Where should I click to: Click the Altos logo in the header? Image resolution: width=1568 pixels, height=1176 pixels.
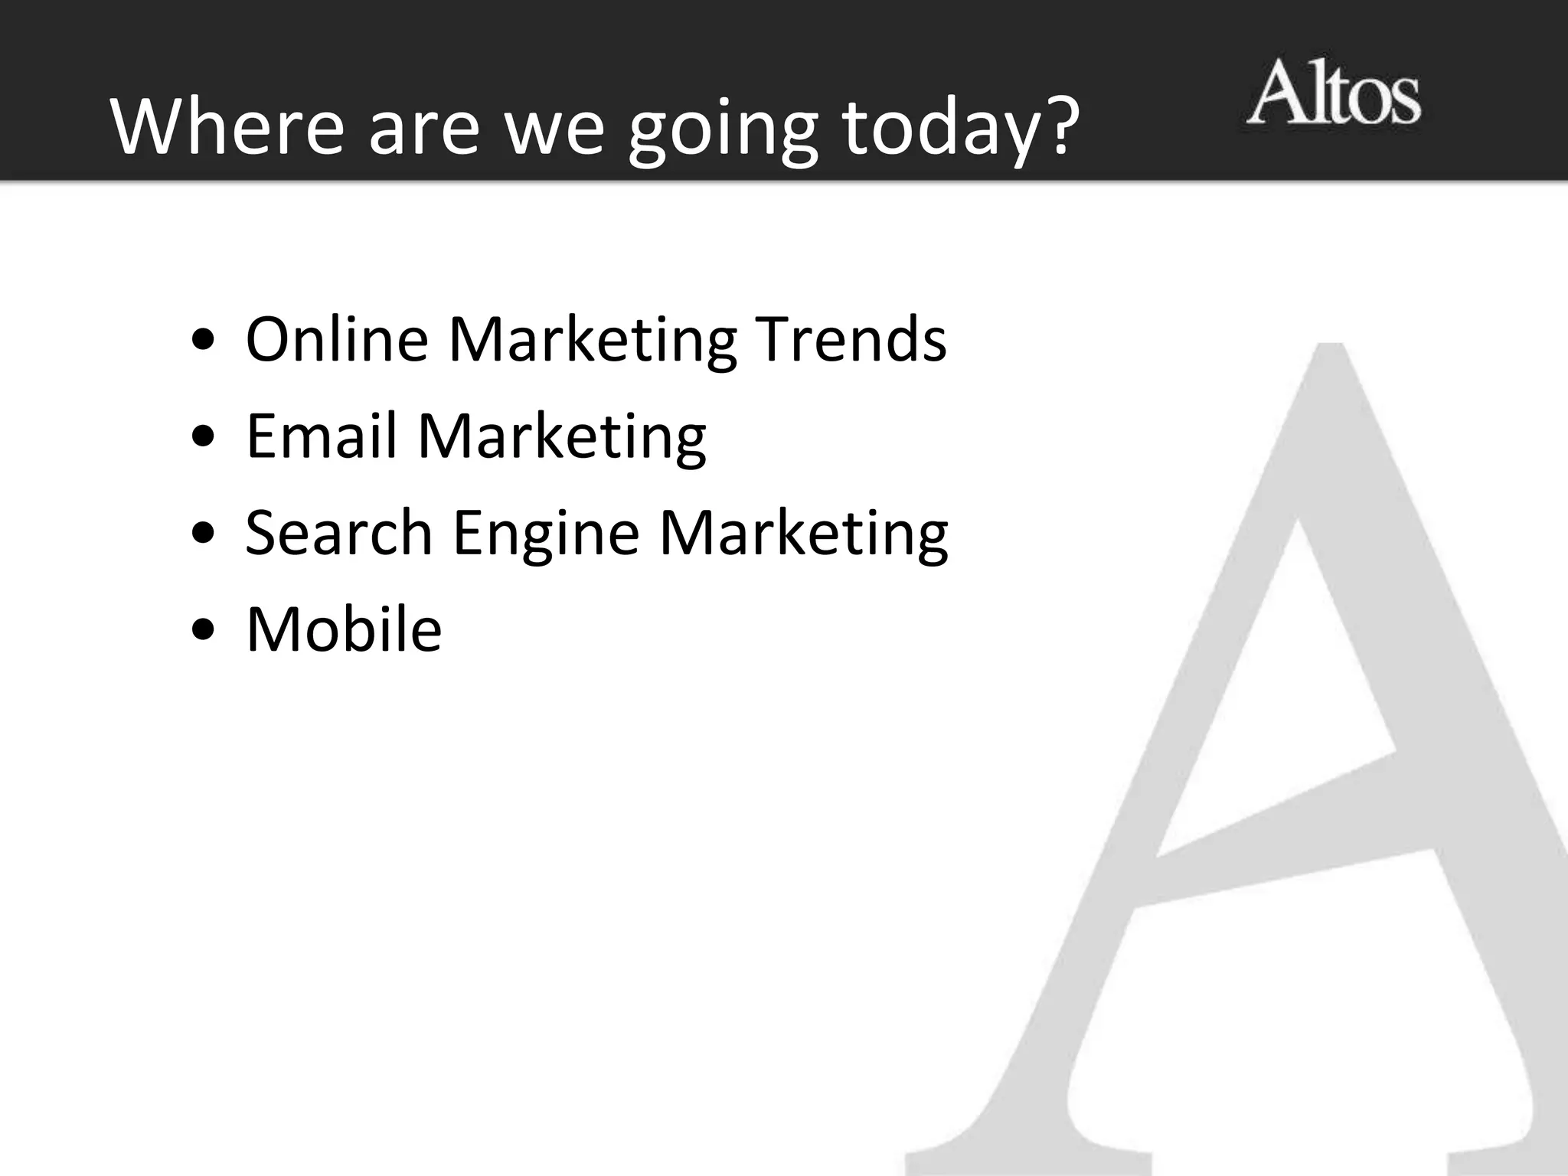pyautogui.click(x=1333, y=93)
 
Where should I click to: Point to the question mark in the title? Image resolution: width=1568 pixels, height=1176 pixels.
pyautogui.click(x=1057, y=122)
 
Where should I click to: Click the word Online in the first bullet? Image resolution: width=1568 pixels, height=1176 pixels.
pyautogui.click(x=337, y=339)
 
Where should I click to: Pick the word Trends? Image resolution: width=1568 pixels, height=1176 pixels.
pyautogui.click(x=851, y=339)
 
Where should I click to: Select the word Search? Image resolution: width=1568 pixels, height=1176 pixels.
pyautogui.click(x=339, y=532)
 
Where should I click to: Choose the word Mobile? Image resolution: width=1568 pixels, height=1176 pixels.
pyautogui.click(x=344, y=629)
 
